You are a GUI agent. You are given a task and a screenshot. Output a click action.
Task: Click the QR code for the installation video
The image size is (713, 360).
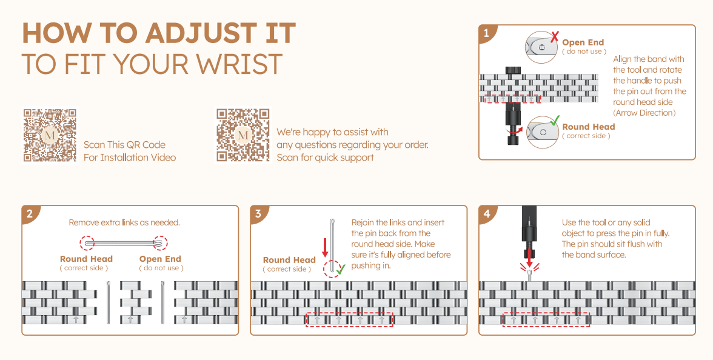pos(50,135)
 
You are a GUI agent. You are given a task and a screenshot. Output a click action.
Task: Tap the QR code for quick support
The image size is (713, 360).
pos(243,135)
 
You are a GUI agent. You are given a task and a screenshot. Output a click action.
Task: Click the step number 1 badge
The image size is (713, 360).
pos(486,33)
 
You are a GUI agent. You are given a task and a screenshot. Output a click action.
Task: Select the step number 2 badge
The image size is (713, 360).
pos(29,214)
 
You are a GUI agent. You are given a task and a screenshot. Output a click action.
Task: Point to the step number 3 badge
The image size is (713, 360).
pos(258,214)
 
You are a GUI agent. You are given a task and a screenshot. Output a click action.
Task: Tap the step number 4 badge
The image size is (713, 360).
pos(486,214)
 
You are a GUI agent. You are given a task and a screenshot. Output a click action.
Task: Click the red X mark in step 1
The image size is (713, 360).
pos(554,37)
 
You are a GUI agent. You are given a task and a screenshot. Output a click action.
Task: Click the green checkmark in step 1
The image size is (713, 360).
pos(554,120)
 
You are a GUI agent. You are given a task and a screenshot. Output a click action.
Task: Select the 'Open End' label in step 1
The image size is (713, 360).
pos(583,42)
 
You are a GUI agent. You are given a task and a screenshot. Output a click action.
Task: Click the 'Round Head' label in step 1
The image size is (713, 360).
pos(588,127)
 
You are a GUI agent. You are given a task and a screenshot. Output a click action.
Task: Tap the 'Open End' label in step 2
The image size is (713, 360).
pos(160,259)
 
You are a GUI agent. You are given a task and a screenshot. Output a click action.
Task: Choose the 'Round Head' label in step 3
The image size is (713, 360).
pos(289,260)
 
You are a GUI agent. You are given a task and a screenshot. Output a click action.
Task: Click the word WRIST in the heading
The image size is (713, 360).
pos(238,64)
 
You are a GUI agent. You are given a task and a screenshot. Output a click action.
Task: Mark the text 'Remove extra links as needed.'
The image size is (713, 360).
pos(124,222)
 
